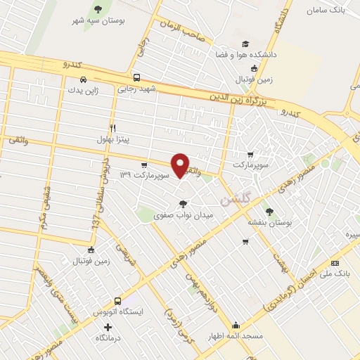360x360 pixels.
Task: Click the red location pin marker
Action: [181, 165]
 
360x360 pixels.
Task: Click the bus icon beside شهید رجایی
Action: [136, 78]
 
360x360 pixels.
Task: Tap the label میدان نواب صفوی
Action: [183, 215]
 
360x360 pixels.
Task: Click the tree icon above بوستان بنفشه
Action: [267, 210]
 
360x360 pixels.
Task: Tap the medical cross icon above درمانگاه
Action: [108, 327]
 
